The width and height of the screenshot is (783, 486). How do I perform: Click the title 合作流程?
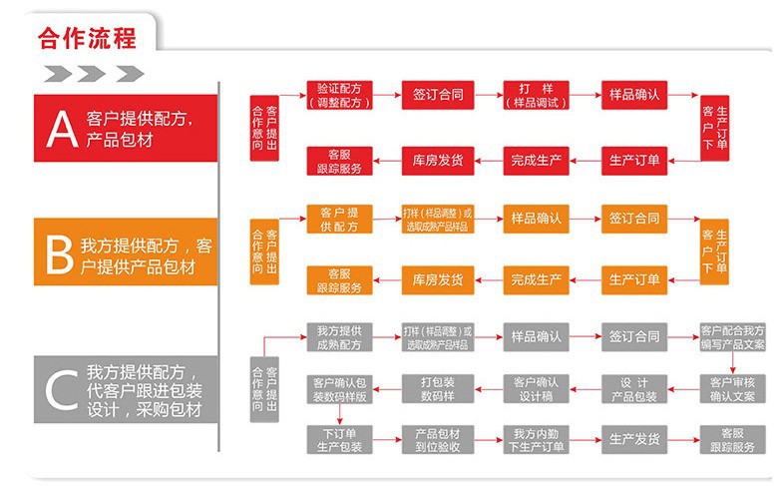87,38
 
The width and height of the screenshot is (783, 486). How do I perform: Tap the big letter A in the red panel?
61,128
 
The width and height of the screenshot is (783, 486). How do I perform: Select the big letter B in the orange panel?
59,251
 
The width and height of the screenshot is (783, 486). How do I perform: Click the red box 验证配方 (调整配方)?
340,95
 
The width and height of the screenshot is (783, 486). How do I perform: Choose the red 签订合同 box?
438,95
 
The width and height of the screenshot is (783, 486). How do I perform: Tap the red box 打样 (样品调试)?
536,95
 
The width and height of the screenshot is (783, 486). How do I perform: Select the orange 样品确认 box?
536,218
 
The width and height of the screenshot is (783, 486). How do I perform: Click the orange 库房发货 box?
438,280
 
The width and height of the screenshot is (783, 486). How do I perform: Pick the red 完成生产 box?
536,160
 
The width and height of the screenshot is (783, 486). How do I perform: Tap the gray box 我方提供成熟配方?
340,337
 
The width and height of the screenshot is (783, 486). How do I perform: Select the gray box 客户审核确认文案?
732,388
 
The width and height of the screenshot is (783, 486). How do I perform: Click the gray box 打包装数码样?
438,388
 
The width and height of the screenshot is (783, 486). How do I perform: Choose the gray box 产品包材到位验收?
438,440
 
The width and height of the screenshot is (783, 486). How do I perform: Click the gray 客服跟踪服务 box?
732,440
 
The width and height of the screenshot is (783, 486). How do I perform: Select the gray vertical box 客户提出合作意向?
265,389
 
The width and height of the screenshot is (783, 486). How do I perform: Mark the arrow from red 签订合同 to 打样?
487,95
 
